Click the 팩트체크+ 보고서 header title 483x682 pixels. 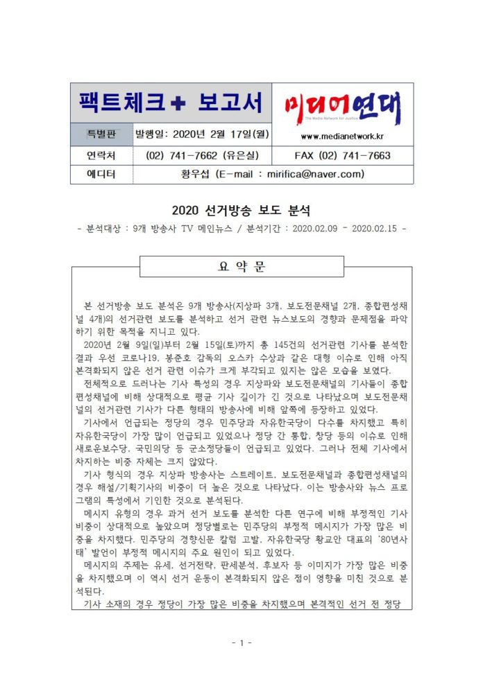pyautogui.click(x=170, y=103)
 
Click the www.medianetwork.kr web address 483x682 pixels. pyautogui.click(x=343, y=135)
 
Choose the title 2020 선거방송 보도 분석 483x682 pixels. pyautogui.click(x=241, y=209)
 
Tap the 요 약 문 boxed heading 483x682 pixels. pyautogui.click(x=241, y=267)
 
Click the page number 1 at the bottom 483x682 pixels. pyautogui.click(x=241, y=642)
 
